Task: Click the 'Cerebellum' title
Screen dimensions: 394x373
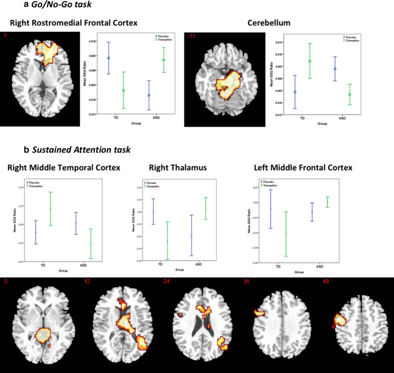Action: coord(266,23)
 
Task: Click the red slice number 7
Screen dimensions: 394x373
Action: coord(5,36)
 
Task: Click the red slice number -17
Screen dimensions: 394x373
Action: coord(190,36)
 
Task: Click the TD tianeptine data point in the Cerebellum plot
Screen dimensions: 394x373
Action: coord(310,61)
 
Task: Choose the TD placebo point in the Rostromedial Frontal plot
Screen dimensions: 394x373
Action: coord(109,58)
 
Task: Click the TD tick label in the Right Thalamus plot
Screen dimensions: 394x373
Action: coord(160,264)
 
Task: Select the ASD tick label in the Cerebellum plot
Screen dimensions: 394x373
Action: coord(342,118)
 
